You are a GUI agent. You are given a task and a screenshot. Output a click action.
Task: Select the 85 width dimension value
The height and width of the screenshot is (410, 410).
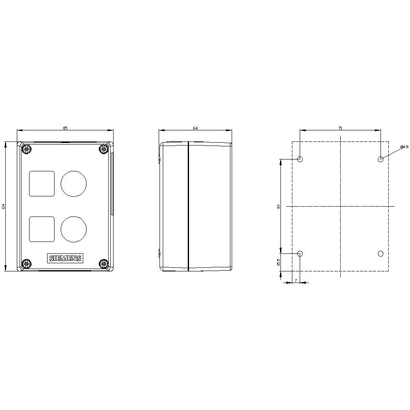tap(65, 128)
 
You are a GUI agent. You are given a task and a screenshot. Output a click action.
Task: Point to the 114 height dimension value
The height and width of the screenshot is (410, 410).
tap(3, 207)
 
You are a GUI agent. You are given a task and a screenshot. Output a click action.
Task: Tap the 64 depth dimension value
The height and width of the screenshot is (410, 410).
tap(195, 128)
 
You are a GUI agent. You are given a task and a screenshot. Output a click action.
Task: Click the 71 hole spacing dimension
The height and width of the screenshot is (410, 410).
tap(340, 128)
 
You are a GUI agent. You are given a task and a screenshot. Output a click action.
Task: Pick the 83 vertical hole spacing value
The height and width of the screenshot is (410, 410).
tap(278, 207)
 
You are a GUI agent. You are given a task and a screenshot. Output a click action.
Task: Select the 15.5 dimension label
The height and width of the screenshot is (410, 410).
tap(278, 262)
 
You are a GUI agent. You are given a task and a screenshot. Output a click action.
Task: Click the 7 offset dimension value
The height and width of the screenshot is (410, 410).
tap(296, 280)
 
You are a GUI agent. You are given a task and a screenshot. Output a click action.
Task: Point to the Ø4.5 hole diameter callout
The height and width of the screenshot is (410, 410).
tap(404, 147)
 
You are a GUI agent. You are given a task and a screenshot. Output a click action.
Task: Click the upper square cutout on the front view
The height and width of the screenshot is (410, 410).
tap(42, 183)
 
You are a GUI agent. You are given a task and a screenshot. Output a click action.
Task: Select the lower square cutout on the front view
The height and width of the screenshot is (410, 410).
tap(42, 229)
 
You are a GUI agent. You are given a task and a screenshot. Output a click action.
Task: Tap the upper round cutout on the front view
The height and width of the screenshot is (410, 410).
tap(74, 183)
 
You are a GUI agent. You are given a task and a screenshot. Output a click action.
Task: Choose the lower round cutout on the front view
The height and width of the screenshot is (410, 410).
tap(74, 229)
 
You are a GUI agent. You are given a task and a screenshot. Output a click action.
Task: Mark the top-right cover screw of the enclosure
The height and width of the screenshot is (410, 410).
tap(103, 149)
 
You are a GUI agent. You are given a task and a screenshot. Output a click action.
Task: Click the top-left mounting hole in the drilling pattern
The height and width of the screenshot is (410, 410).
tap(300, 159)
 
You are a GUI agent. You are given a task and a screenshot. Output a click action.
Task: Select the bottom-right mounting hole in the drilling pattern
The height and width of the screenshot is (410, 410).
tap(380, 254)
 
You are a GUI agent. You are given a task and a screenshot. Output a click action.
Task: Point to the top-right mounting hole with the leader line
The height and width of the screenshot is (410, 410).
tap(380, 159)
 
